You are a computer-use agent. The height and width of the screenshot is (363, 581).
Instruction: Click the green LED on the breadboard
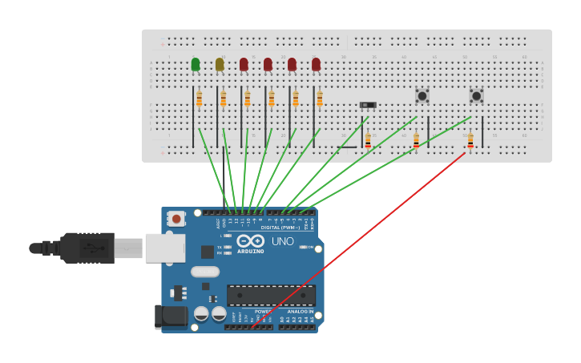196,64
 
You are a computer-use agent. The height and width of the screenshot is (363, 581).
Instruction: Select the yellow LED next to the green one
220,64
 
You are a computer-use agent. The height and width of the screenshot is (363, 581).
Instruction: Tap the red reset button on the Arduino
176,218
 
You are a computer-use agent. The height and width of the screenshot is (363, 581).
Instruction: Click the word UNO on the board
282,241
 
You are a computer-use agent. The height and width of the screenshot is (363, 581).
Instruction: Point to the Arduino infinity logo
250,240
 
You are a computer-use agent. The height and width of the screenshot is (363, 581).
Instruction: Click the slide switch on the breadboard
368,105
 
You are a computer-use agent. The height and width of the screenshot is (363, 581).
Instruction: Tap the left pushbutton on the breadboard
422,96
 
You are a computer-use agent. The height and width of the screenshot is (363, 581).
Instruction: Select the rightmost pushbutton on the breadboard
476,96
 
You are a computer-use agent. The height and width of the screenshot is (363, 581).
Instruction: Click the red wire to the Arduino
361,236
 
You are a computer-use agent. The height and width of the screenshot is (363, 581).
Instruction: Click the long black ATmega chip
271,295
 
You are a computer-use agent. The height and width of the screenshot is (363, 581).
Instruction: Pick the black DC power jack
171,317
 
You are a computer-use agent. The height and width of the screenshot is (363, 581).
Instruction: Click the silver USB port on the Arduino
165,248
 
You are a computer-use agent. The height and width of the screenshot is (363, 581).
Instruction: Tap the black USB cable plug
88,248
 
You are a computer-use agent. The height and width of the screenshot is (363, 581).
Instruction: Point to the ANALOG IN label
301,311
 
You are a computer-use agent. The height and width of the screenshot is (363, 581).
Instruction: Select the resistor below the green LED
200,99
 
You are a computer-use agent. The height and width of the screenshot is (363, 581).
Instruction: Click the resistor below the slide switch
368,140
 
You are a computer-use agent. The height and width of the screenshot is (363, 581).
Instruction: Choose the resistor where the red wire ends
470,140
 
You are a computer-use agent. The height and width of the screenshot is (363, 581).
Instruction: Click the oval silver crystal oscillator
205,272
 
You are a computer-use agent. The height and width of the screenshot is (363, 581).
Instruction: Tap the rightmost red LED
316,64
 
